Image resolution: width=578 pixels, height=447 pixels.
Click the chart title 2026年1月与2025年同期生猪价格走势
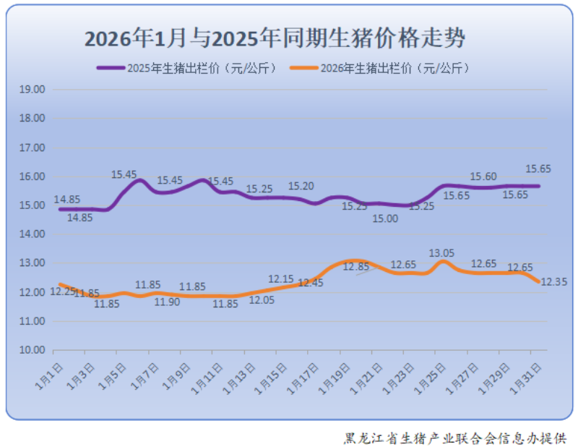tap(275, 38)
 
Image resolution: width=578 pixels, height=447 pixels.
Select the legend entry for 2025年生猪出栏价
tap(187, 68)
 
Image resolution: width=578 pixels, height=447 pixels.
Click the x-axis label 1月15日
tap(271, 377)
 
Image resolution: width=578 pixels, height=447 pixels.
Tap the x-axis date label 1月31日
tap(525, 377)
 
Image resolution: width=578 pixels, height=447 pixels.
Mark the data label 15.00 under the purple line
tap(385, 218)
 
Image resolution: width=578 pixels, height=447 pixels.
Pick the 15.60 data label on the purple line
tap(483, 176)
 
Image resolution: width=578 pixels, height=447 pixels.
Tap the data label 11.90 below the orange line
tap(167, 302)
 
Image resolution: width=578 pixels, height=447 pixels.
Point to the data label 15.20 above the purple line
tap(301, 186)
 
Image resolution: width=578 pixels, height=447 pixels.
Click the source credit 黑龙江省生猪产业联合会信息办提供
tap(455, 438)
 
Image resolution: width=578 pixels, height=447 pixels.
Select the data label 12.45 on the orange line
tap(310, 283)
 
